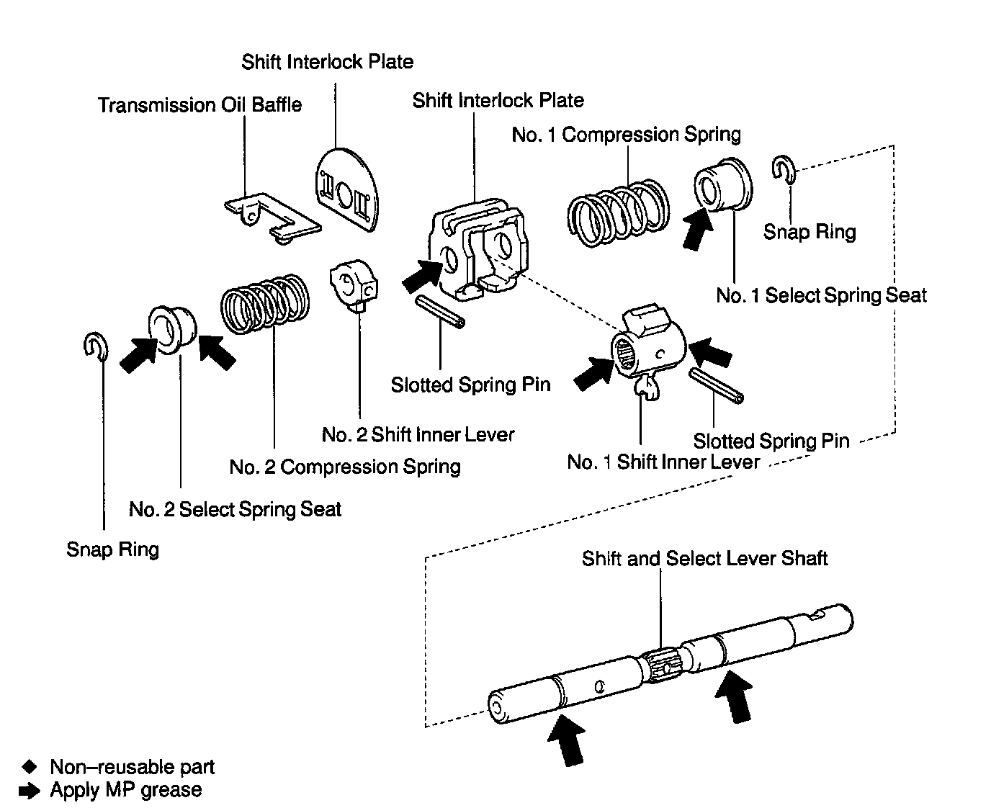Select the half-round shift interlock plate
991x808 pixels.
(x=347, y=190)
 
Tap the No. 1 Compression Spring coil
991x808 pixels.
(x=619, y=212)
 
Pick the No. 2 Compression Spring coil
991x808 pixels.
(x=265, y=303)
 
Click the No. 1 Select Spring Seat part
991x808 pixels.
(x=723, y=184)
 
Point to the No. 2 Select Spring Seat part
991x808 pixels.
(x=172, y=329)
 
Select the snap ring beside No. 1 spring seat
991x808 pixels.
(x=784, y=169)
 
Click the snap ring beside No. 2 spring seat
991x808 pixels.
(x=96, y=347)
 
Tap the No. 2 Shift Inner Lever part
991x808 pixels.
(x=354, y=285)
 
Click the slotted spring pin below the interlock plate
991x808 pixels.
(x=440, y=311)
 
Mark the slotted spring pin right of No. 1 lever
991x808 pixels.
(x=716, y=386)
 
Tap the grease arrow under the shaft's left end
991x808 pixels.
(x=567, y=740)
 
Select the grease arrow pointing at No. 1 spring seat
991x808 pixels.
(x=697, y=229)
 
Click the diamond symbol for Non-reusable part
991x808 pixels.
(x=29, y=767)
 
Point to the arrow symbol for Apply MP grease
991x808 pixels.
(x=29, y=791)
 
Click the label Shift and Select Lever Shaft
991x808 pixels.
(x=704, y=558)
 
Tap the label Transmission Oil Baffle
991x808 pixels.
(x=199, y=104)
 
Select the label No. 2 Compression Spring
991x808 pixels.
(x=345, y=467)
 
